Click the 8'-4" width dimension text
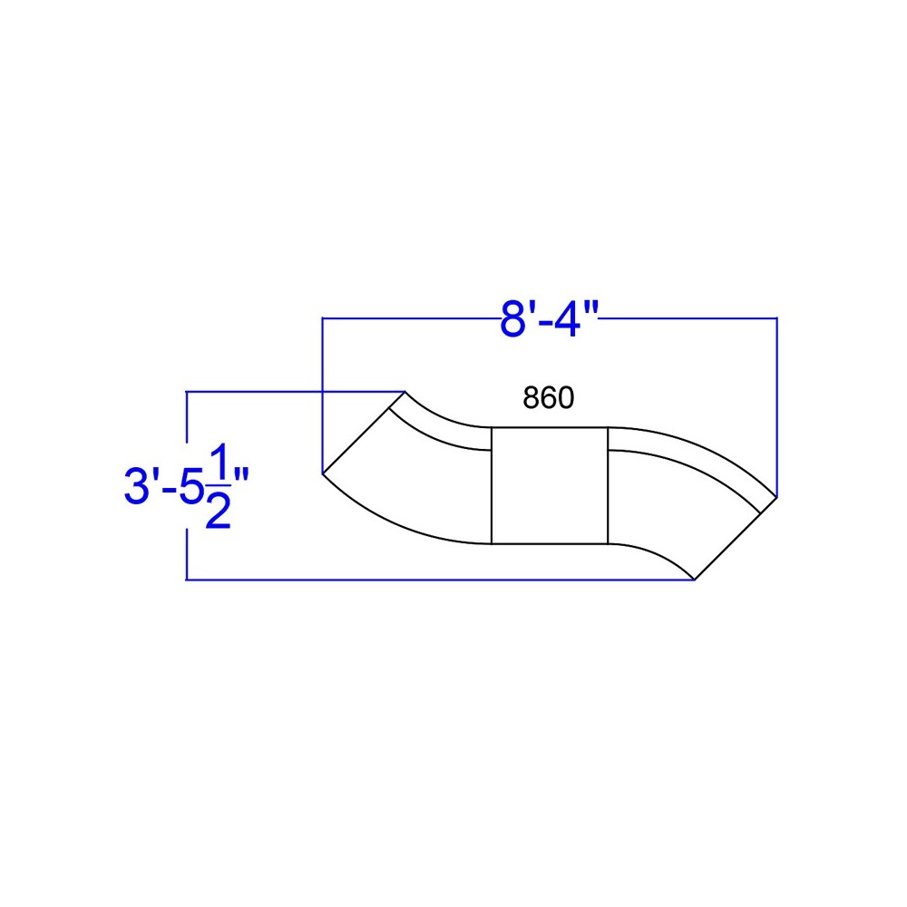pos(548,318)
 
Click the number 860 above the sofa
pos(549,397)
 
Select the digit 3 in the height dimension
pos(137,486)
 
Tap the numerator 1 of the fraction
pos(218,462)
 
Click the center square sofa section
pos(550,485)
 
